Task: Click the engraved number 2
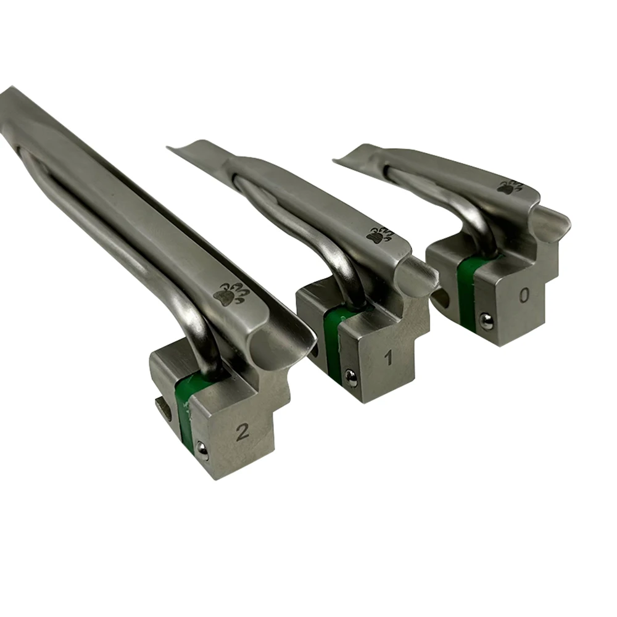tap(242, 432)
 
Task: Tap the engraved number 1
tap(388, 358)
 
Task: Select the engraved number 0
tap(524, 296)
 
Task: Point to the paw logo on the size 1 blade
tap(379, 234)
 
